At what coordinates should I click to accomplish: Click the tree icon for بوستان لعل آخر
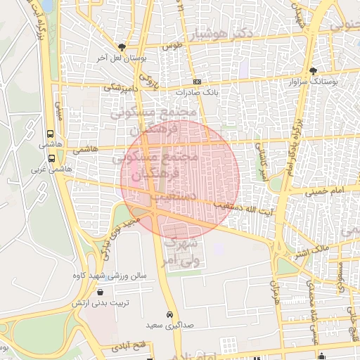(x=122, y=46)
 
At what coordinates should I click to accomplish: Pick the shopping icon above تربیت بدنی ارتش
(x=100, y=292)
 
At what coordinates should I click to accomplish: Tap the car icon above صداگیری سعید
(x=169, y=314)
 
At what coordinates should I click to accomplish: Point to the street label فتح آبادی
(x=127, y=346)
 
